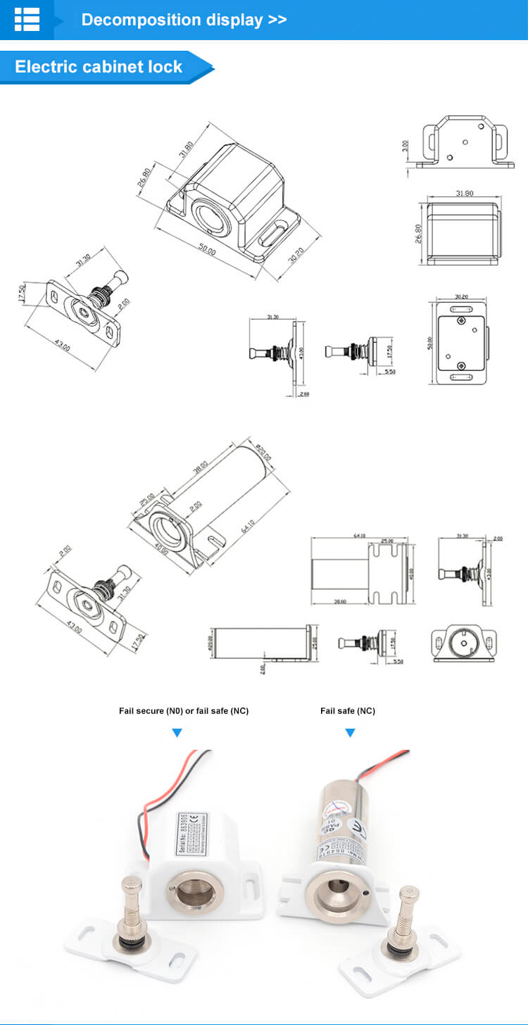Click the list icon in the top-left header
tap(27, 20)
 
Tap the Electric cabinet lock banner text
tap(99, 68)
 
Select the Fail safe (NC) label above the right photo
tap(348, 711)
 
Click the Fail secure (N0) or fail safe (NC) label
tap(184, 711)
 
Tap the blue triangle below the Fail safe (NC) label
tap(350, 734)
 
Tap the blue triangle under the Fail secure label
tap(177, 734)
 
